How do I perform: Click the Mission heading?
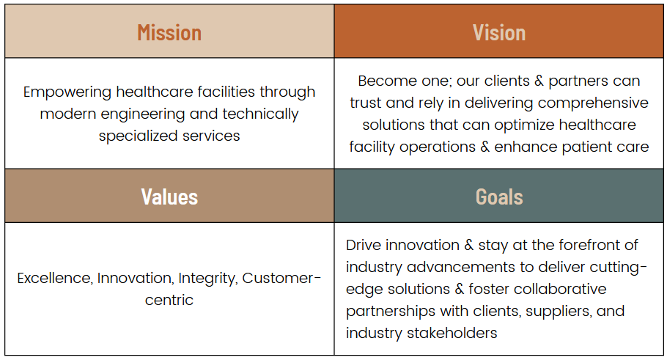pyautogui.click(x=169, y=33)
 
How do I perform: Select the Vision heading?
pyautogui.click(x=499, y=33)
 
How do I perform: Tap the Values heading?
pyautogui.click(x=169, y=197)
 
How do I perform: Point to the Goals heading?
pyautogui.click(x=499, y=197)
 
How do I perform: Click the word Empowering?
pyautogui.click(x=67, y=92)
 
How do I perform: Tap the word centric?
pyautogui.click(x=169, y=301)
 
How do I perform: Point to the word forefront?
pyautogui.click(x=589, y=245)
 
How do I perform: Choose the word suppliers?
pyautogui.click(x=559, y=312)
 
